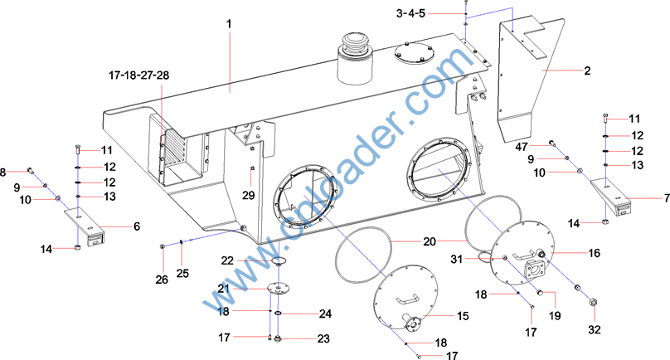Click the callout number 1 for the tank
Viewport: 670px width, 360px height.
[x=229, y=24]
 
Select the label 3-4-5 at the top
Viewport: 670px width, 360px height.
[x=410, y=13]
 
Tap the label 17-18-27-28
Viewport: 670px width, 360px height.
[x=138, y=75]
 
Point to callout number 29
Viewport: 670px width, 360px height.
[x=248, y=196]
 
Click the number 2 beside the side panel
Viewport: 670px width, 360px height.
[x=587, y=71]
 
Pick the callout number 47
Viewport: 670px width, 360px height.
[x=522, y=147]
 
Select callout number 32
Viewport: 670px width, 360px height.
[x=595, y=329]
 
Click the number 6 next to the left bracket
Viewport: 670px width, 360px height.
[x=137, y=226]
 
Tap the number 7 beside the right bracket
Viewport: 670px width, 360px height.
[x=667, y=198]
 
